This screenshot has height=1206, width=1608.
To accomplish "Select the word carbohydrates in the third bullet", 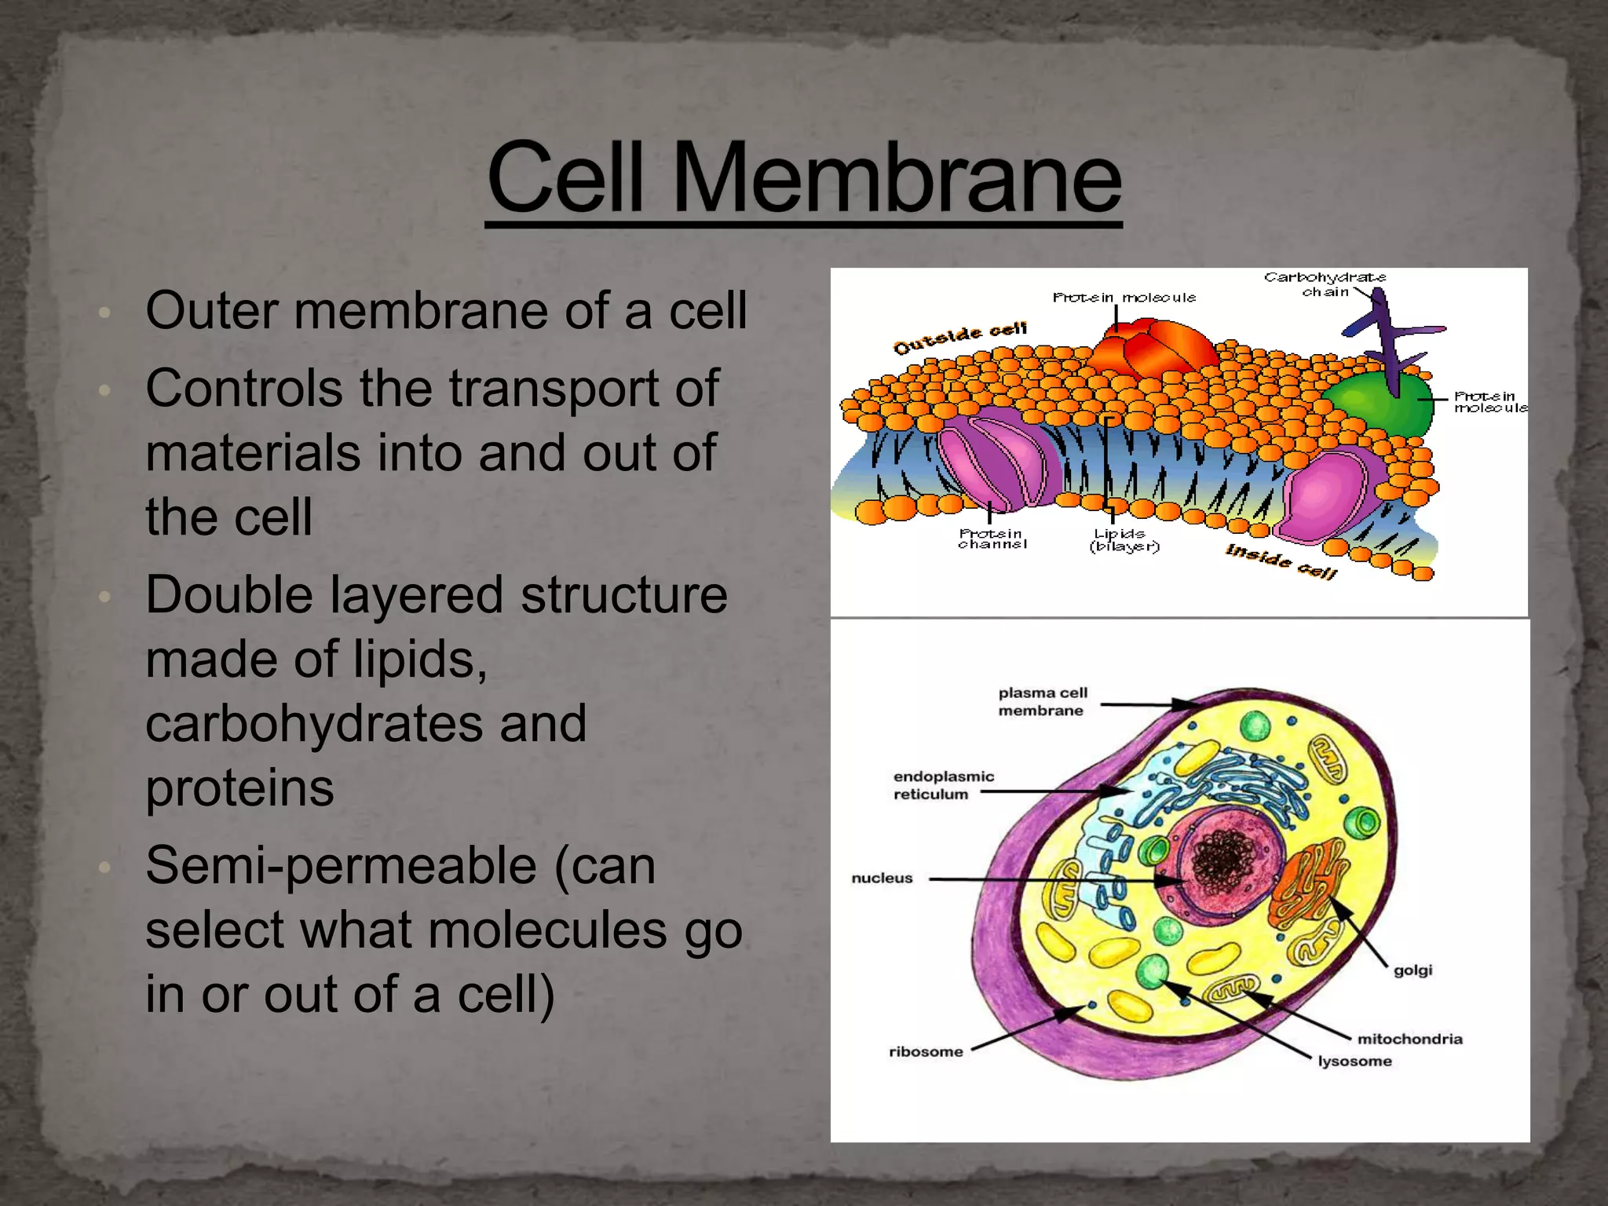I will pos(366,724).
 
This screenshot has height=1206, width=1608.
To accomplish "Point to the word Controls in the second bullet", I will pos(244,389).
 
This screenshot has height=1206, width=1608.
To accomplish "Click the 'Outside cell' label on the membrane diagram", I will pos(959,338).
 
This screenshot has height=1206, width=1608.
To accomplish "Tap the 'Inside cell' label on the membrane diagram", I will pos(1281,561).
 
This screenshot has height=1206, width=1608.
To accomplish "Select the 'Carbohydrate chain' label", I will pos(1325,284).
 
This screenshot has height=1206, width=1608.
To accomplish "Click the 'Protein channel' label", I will pos(992,539).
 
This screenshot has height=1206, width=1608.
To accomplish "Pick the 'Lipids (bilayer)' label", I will pos(1124,540).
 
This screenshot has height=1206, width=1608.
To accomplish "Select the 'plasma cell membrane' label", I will pos(1043,701).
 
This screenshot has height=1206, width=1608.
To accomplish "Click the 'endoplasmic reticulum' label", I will pos(943,785).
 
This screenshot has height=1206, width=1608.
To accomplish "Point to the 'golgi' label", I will pos(1412,970).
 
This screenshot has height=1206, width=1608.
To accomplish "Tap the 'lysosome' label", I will pos(1354,1062).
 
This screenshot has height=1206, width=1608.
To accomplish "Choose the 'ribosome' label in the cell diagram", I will pos(926,1051).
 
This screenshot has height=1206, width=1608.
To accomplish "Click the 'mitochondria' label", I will pos(1409,1039).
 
